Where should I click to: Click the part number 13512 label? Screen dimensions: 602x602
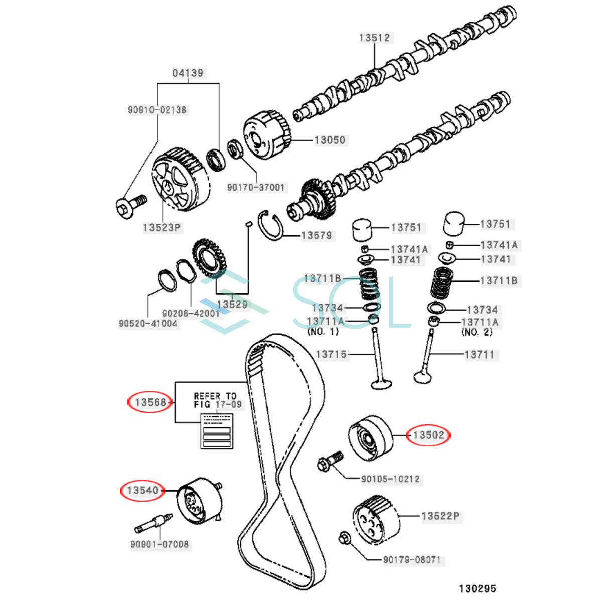tap(374, 38)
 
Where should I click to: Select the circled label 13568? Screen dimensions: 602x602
tap(150, 402)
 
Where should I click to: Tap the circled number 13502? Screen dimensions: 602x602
tap(429, 435)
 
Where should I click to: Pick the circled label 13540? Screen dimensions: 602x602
tap(142, 490)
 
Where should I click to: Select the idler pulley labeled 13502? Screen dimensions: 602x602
tap(370, 437)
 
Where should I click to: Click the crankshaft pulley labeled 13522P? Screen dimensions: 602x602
tap(376, 519)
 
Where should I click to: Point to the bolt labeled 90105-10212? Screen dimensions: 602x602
tap(330, 461)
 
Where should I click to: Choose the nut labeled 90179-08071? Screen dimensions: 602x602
tap(344, 538)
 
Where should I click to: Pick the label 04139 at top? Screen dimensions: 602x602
tap(188, 73)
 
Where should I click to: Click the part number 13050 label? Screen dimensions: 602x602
tap(330, 140)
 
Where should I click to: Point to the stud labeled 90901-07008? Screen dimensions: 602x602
tap(154, 522)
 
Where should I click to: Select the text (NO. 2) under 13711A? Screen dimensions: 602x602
tap(477, 332)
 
